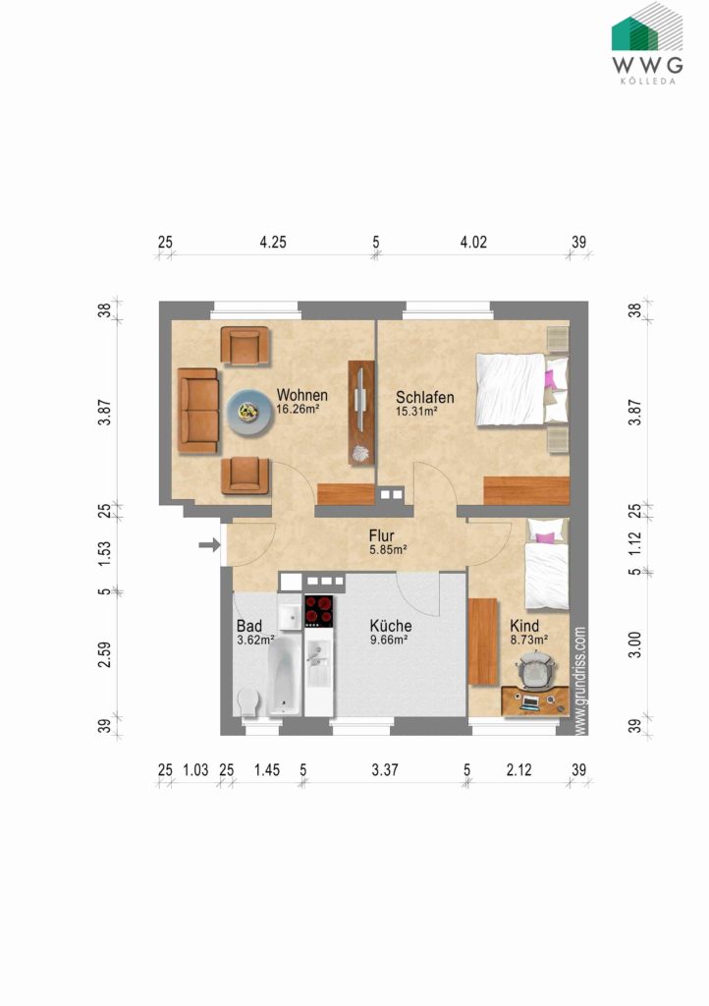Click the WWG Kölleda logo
(x=647, y=43)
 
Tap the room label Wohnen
(x=301, y=395)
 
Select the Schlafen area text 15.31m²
(x=416, y=412)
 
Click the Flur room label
(x=381, y=535)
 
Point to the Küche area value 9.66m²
(x=389, y=640)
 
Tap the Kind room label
(x=524, y=626)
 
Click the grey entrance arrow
(x=209, y=545)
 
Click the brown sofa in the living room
(x=198, y=411)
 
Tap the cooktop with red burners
(x=318, y=611)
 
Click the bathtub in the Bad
(x=284, y=676)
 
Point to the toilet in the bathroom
(x=247, y=700)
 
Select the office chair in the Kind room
(x=535, y=669)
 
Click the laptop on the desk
(x=529, y=702)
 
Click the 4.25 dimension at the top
(x=273, y=243)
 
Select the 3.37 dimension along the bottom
(x=385, y=770)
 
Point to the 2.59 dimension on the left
(x=104, y=654)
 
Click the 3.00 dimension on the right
(x=634, y=644)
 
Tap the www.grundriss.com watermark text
(x=579, y=681)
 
